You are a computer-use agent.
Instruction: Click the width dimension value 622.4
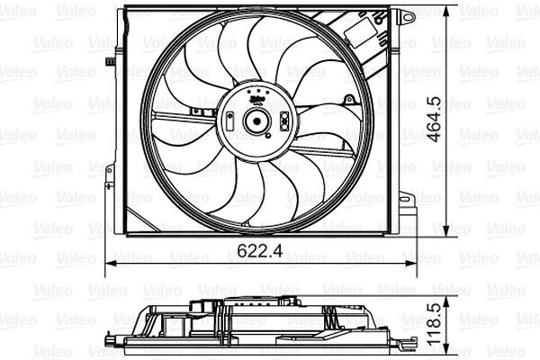[260, 250]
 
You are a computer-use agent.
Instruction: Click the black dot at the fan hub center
[256, 121]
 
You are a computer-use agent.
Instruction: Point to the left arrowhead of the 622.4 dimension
[111, 264]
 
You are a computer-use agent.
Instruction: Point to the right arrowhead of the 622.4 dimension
[411, 264]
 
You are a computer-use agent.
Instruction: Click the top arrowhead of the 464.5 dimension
[446, 12]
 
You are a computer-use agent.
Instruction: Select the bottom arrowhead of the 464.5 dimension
[446, 230]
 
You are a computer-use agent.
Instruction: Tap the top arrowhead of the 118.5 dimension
[446, 301]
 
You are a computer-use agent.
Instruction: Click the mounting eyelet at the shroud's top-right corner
[409, 16]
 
